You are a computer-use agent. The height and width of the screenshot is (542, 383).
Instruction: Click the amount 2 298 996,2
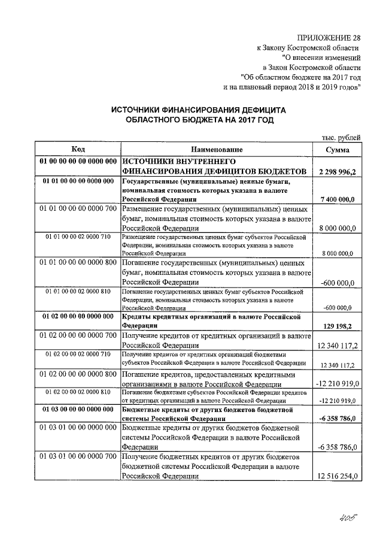coord(338,172)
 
